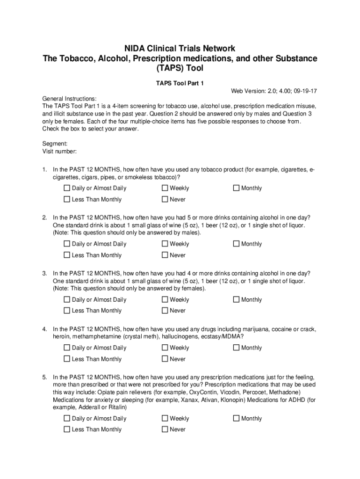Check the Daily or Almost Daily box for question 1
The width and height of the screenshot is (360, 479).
[x=67, y=188]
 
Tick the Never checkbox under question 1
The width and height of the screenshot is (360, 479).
[x=165, y=199]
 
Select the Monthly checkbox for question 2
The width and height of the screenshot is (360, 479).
[x=236, y=244]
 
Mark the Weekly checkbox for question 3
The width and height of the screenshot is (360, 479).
[x=165, y=299]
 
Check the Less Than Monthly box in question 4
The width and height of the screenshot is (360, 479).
[x=67, y=359]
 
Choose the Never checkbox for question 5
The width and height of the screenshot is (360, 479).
[x=165, y=429]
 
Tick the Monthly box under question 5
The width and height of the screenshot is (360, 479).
[x=236, y=418]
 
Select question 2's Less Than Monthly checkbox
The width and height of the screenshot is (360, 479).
[x=67, y=255]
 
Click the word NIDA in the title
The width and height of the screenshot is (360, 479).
[x=134, y=49]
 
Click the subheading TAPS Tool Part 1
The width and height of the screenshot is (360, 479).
[x=180, y=83]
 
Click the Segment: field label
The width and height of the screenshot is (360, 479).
[x=55, y=144]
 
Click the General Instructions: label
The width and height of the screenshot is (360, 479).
[x=69, y=99]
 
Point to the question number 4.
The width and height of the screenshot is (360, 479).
[x=44, y=329]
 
